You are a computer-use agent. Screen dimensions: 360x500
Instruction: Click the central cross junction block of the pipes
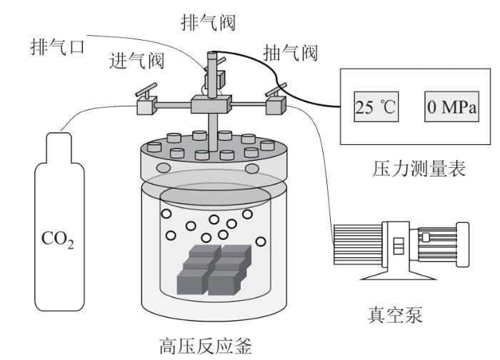[211, 106]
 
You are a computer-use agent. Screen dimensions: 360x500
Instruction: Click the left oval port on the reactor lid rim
[163, 168]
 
